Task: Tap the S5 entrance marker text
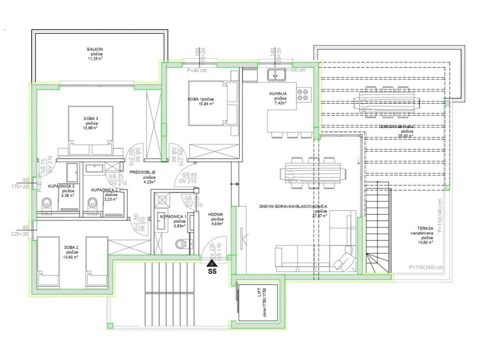tap(212, 273)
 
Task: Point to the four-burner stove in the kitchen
tap(303, 94)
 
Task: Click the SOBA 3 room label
tap(91, 118)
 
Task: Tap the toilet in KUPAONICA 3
tap(46, 203)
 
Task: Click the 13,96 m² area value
tap(91, 127)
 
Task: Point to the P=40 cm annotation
tap(197, 70)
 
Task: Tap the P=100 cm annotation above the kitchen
tap(295, 70)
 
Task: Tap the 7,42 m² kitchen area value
tap(280, 103)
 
